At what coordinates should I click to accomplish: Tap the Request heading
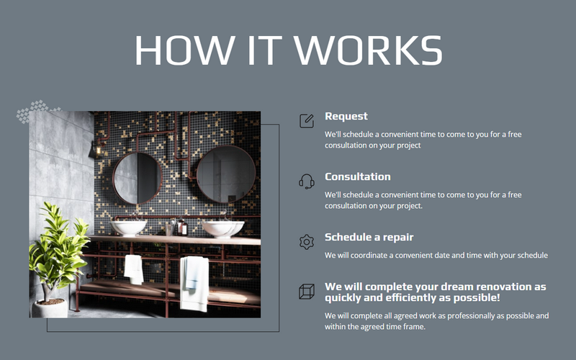[346, 116]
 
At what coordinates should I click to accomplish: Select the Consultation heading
[358, 176]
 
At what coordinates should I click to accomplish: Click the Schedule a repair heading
[369, 237]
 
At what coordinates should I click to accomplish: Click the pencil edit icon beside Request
[307, 120]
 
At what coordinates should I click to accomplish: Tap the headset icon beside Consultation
[307, 181]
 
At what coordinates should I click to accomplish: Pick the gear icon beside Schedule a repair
[307, 242]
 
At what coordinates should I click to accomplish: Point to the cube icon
[307, 292]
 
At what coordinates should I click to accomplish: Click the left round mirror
[137, 177]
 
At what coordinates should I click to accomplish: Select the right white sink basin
[222, 228]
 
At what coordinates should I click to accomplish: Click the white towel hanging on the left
[133, 269]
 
